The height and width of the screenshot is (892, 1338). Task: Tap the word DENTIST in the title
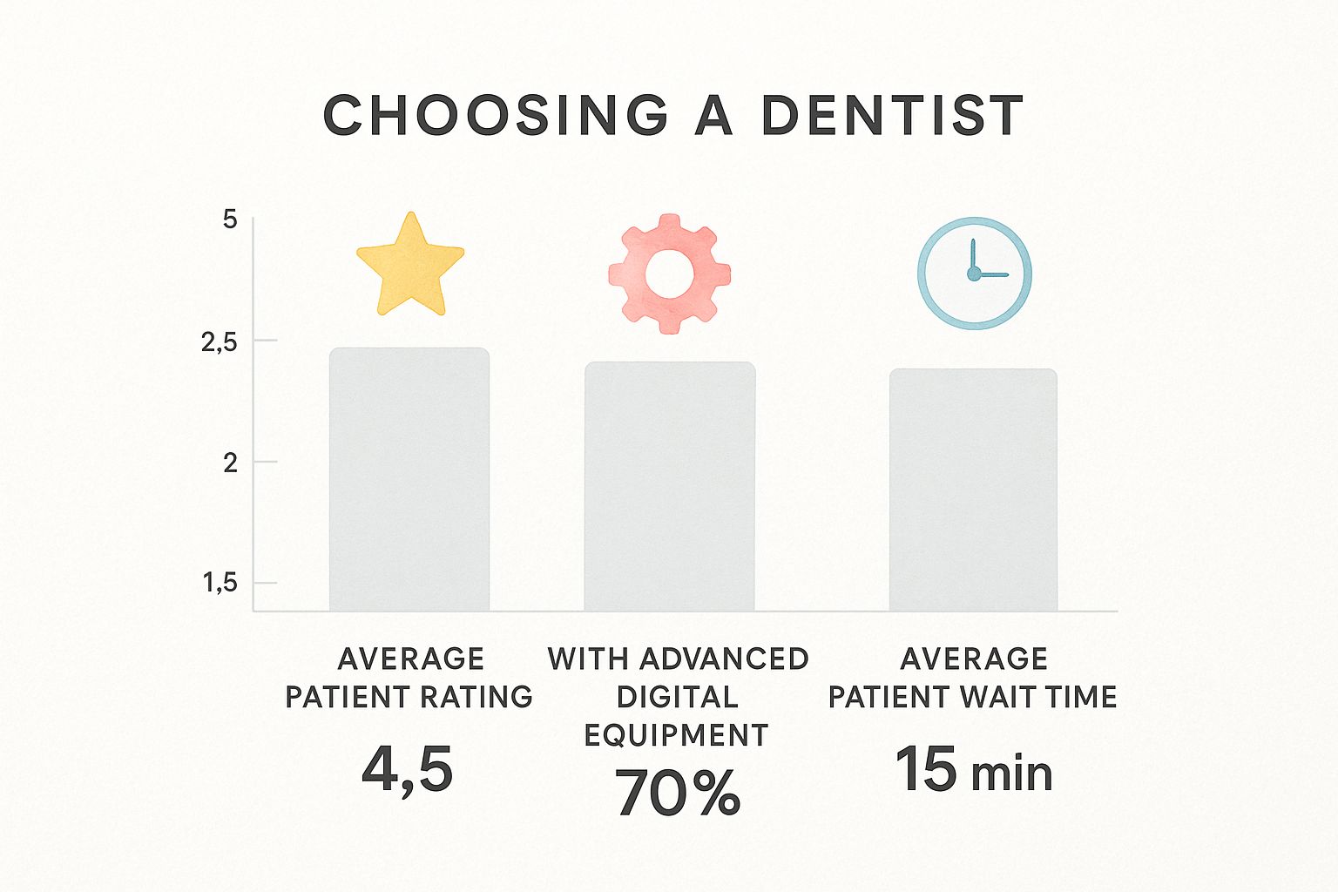point(892,116)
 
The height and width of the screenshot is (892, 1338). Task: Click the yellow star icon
point(409,264)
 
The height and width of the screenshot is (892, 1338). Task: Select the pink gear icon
point(669,274)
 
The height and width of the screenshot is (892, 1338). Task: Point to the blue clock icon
point(974,273)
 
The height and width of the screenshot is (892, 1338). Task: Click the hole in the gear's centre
point(669,274)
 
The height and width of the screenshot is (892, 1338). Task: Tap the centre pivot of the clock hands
point(974,274)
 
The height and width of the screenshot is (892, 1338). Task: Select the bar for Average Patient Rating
point(409,479)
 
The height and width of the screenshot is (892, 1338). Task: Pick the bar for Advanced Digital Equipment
point(669,486)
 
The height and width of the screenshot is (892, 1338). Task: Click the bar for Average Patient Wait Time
point(973,490)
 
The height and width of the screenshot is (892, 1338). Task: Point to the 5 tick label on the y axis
point(230,220)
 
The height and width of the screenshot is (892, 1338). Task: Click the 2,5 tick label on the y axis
point(220,342)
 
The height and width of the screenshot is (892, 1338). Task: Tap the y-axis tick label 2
point(230,463)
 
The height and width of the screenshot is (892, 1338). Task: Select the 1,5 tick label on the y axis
point(220,582)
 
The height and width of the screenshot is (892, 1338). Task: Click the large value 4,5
point(408,770)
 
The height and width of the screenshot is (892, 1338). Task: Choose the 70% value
point(678,792)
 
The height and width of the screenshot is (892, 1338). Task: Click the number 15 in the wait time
point(926,769)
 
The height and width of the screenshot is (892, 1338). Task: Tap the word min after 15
point(1011,774)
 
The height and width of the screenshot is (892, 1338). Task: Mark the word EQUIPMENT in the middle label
point(676,735)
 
